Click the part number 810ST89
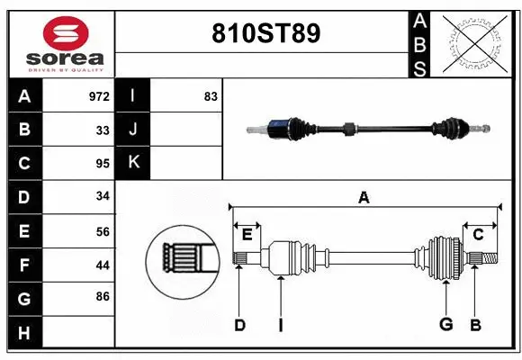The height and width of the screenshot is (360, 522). coord(265,34)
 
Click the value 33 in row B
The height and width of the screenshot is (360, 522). coord(103,130)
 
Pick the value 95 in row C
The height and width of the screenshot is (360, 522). coord(103,164)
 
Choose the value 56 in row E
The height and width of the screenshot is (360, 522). coord(103,231)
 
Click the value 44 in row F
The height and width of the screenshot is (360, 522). coord(103,265)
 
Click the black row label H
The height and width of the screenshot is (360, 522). coord(24,333)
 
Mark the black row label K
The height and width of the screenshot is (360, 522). coord(133,163)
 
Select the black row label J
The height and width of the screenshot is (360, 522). coord(133,130)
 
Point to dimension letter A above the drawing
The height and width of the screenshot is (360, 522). coord(364,198)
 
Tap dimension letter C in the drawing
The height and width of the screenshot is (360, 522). coord(479,235)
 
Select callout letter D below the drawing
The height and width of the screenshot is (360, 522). coord(239,325)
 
